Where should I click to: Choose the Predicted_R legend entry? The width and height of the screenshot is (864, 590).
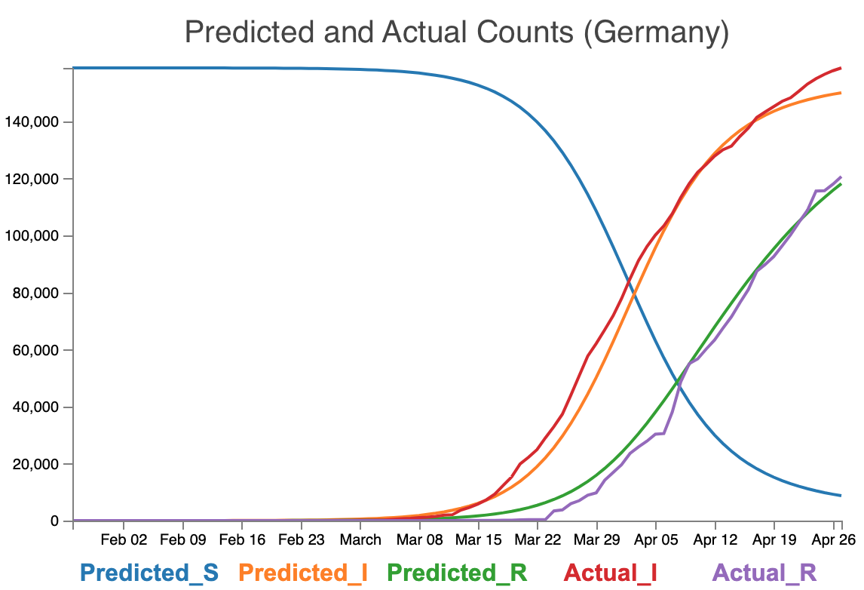(x=457, y=573)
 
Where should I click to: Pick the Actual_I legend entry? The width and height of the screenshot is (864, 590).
(x=611, y=573)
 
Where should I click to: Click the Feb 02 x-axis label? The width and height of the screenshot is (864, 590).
(x=124, y=540)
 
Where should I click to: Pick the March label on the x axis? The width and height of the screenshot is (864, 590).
(x=360, y=540)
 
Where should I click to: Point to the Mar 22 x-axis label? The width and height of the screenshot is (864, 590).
(x=538, y=540)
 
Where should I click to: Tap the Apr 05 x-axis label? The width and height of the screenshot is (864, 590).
(x=656, y=540)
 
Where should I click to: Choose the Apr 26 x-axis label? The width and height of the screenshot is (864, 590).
(x=833, y=540)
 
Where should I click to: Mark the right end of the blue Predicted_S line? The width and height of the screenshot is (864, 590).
(x=841, y=496)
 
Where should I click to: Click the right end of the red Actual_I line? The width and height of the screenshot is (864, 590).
(x=841, y=68)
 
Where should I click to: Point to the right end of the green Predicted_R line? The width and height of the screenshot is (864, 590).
(x=841, y=184)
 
